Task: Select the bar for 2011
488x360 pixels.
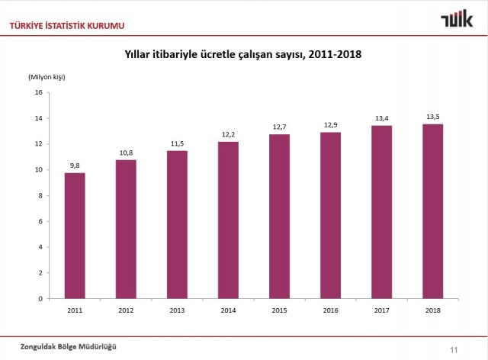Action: (x=75, y=236)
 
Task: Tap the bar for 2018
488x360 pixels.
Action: (x=433, y=211)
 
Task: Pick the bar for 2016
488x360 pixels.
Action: (x=331, y=215)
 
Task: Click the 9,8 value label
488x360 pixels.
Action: (x=75, y=165)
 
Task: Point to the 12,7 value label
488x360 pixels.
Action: (x=279, y=126)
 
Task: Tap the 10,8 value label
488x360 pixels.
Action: (x=126, y=152)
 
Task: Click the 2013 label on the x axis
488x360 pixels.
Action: (x=177, y=310)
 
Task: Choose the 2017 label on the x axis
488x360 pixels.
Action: (x=382, y=310)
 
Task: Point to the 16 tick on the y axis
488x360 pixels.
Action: (x=38, y=93)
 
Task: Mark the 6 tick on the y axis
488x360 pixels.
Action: (x=40, y=222)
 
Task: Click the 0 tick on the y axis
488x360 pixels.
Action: (x=40, y=299)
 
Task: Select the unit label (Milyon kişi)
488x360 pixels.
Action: (x=47, y=77)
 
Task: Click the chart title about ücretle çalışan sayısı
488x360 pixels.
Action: (x=242, y=54)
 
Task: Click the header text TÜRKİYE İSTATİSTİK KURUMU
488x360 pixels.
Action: (x=67, y=27)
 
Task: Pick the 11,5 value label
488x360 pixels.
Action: (x=177, y=143)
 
